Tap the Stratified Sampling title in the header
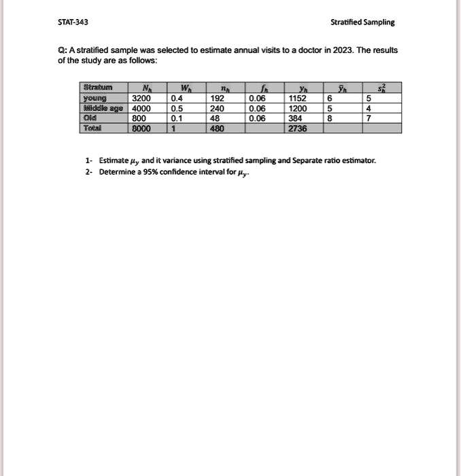point(362,22)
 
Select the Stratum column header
point(97,88)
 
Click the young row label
point(95,97)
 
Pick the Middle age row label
point(101,107)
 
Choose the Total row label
point(92,127)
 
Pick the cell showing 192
point(217,97)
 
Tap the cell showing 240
point(217,107)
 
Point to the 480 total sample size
point(217,127)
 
